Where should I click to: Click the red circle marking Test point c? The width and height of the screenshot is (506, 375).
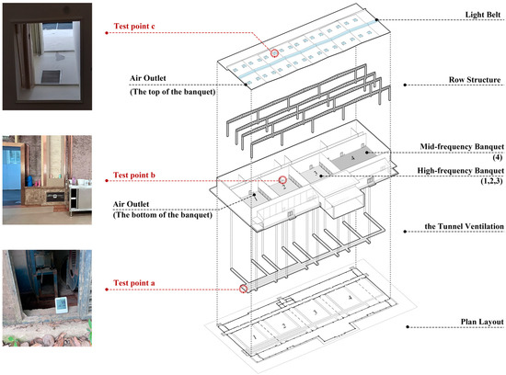(x=273, y=54)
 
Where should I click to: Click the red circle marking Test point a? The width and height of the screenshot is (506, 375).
(x=243, y=289)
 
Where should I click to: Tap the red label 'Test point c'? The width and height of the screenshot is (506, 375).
(x=140, y=27)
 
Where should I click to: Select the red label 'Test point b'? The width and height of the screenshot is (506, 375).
(x=140, y=175)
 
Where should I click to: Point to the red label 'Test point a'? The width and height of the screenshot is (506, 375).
(x=140, y=283)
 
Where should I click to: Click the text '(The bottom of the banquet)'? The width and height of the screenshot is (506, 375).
(x=165, y=213)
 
